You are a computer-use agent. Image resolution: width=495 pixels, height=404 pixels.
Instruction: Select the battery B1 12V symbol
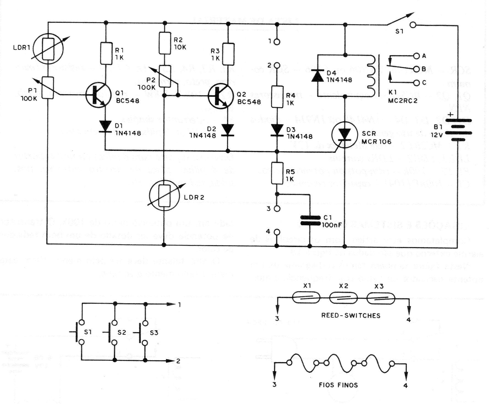[458, 129]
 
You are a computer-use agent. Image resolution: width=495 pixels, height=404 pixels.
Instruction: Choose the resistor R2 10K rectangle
[164, 43]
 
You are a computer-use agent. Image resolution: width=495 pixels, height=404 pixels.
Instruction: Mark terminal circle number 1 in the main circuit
[277, 42]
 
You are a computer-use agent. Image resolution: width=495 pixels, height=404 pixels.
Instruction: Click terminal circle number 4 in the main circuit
[277, 232]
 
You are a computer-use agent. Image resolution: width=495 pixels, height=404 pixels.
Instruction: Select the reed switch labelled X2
[343, 298]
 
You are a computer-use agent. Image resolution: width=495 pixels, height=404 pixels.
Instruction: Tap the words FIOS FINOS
[338, 385]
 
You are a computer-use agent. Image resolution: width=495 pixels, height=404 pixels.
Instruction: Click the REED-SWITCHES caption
[351, 316]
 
